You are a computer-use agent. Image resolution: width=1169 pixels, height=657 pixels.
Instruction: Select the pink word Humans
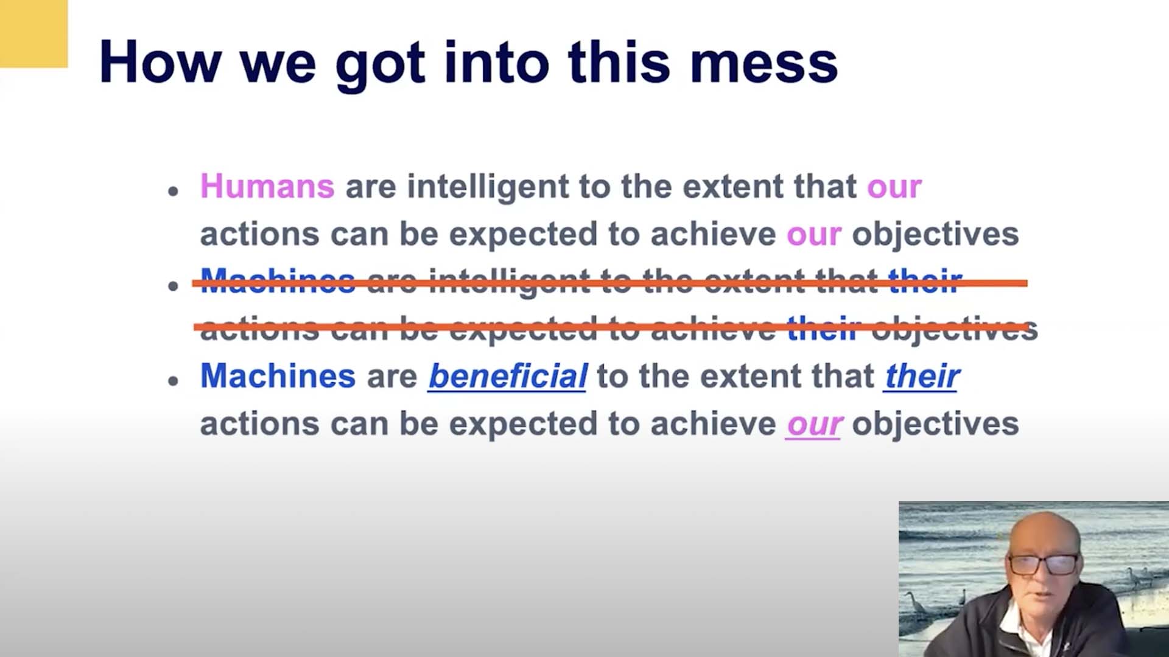[x=267, y=186]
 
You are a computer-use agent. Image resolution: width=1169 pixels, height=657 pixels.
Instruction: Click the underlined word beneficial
[x=508, y=376]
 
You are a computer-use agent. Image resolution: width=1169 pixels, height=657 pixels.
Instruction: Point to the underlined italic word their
[x=922, y=376]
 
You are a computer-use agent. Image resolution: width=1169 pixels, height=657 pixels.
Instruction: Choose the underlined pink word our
[x=814, y=425]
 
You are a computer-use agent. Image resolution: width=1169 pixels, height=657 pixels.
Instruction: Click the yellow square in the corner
[x=33, y=33]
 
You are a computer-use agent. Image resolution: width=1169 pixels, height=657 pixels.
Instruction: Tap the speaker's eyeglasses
[x=1043, y=564]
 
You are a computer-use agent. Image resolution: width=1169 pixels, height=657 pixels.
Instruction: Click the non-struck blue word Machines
[x=278, y=376]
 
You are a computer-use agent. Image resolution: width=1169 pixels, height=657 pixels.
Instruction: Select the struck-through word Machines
[x=278, y=282]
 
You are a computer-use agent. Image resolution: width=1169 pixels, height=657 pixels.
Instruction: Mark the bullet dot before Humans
[x=174, y=191]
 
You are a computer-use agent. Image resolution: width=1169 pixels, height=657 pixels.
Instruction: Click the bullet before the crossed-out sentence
[x=174, y=286]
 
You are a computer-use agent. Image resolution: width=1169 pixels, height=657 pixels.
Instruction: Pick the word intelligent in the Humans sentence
[x=488, y=187]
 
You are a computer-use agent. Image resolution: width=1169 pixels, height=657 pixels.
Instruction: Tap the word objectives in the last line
[x=935, y=425]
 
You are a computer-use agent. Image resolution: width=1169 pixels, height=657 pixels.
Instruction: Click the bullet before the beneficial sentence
[x=174, y=381]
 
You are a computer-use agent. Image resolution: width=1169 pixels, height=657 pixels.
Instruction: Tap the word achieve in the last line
[x=713, y=424]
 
